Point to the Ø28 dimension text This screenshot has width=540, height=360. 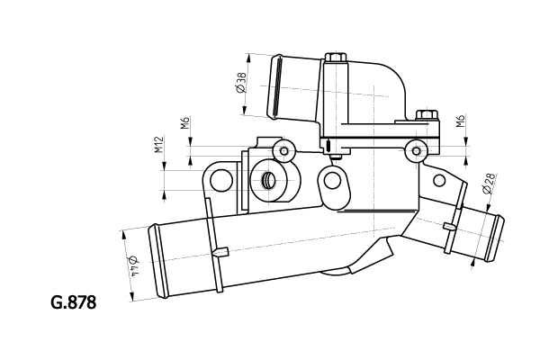point(487,185)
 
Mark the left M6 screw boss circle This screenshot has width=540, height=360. point(285,150)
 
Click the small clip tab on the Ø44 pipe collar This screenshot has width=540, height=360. point(219,251)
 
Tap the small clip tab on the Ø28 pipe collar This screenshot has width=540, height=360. point(447,222)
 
